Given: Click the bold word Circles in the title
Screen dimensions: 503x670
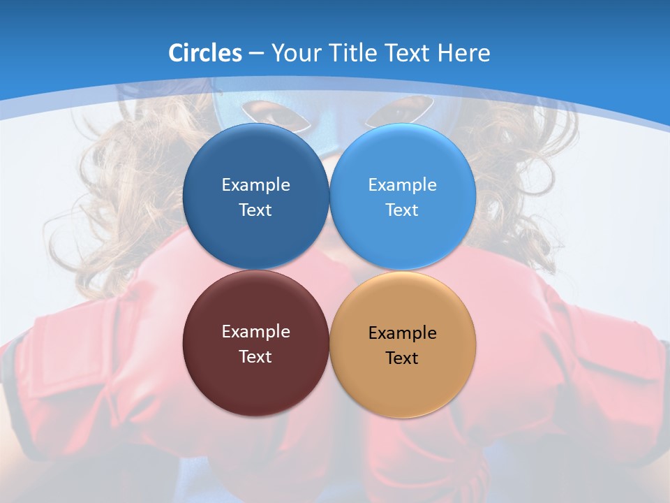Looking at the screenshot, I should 205,53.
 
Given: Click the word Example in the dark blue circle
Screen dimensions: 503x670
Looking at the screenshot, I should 255,184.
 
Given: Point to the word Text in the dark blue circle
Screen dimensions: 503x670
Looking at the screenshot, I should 255,210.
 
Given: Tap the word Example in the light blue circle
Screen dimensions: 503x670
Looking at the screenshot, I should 402,184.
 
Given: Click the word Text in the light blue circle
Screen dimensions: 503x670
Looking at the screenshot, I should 402,210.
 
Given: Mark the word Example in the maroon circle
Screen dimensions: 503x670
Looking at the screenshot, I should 255,331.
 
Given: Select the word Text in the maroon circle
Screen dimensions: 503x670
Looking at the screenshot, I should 255,356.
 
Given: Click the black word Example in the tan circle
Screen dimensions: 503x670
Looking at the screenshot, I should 402,333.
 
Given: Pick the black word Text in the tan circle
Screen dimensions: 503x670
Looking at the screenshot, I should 402,358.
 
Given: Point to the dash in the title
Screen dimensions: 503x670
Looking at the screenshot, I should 256,53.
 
